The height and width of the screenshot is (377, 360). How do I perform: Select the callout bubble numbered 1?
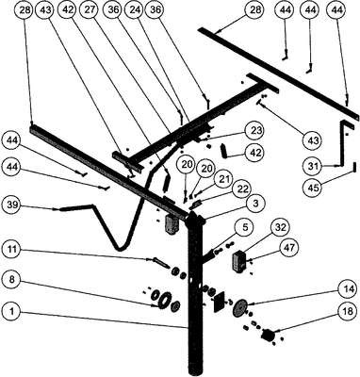click(11, 311)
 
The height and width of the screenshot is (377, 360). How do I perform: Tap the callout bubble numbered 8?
click(11, 280)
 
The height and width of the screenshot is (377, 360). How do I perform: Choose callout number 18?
click(348, 311)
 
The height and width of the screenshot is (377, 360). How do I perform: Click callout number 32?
click(281, 227)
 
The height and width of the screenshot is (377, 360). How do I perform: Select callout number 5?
click(245, 226)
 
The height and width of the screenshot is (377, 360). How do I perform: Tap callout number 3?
click(256, 204)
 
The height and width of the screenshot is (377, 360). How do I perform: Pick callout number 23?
click(255, 130)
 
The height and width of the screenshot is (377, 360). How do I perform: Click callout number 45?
click(314, 188)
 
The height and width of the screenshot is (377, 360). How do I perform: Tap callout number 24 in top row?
click(134, 10)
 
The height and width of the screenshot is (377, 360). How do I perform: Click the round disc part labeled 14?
click(240, 307)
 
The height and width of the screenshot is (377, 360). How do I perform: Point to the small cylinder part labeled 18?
click(268, 335)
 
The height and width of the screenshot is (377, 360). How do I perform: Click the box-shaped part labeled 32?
click(238, 261)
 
